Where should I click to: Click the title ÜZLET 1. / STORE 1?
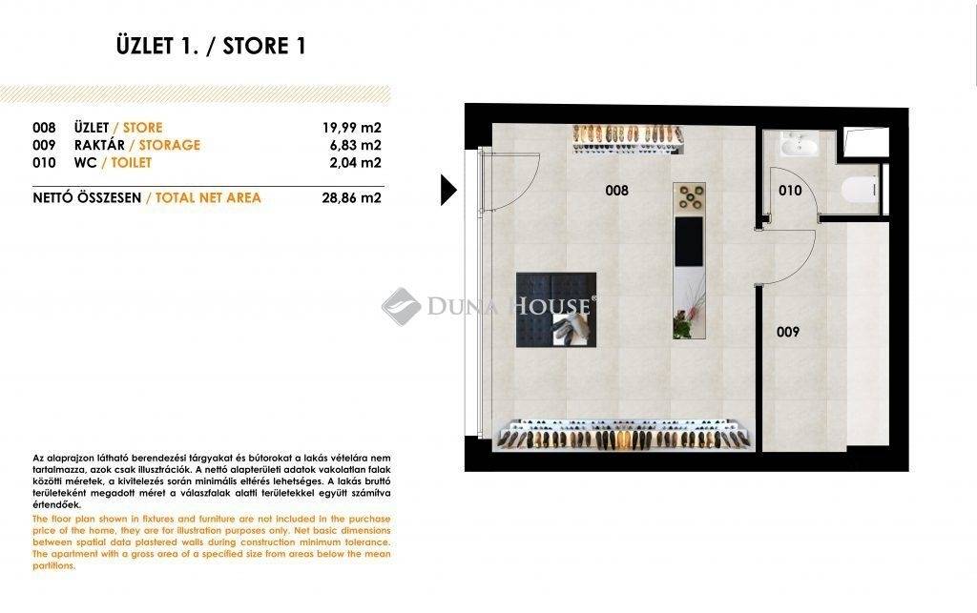tap(211, 46)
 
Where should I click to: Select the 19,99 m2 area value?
tap(351, 128)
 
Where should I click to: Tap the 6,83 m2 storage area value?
tap(355, 145)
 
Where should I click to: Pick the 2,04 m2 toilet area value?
tap(355, 162)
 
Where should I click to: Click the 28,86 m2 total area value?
tap(351, 198)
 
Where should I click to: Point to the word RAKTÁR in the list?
tap(99, 145)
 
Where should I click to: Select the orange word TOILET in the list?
tap(132, 162)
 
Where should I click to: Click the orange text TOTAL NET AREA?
tap(208, 198)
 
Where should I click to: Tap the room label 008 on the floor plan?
tap(617, 191)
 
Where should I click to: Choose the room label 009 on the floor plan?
tap(787, 333)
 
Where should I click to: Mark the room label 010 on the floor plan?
tap(790, 191)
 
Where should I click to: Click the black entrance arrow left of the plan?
tap(448, 190)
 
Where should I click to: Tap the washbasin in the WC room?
tap(800, 144)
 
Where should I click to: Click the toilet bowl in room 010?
tap(860, 188)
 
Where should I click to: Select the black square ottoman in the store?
tap(556, 310)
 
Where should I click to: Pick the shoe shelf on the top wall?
tap(628, 139)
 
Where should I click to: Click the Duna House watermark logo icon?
tap(402, 306)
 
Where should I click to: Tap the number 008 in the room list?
tap(44, 128)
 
